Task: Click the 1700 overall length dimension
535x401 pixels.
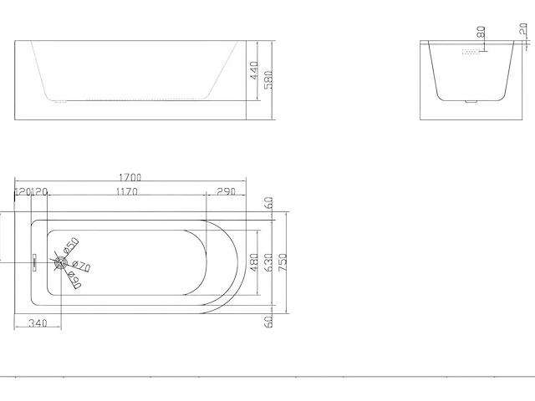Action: point(130,177)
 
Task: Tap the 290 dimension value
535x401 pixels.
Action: point(225,192)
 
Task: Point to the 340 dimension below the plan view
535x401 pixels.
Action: point(36,323)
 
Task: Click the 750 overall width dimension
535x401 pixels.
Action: point(283,263)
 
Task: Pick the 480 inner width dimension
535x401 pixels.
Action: point(254,262)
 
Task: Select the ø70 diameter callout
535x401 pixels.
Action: point(82,266)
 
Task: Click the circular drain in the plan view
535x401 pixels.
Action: point(60,261)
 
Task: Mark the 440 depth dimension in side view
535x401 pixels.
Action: point(253,71)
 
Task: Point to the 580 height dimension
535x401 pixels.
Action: point(267,77)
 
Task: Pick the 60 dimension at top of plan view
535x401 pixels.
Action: point(269,203)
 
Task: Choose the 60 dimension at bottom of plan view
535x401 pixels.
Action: point(269,322)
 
